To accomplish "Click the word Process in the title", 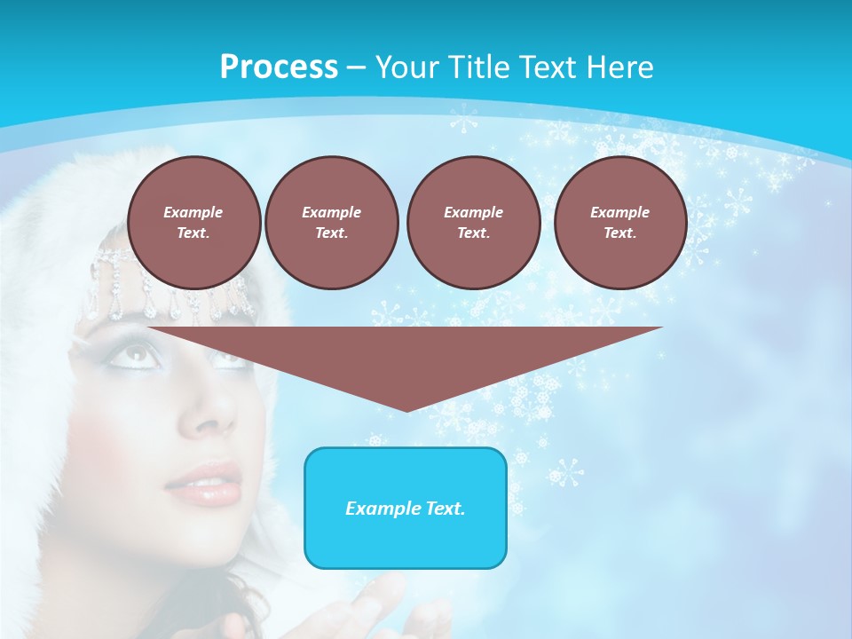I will (279, 67).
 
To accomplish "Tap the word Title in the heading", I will (472, 67).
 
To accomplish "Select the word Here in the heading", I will (620, 67).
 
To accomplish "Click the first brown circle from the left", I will (193, 222).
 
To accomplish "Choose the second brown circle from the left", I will (331, 222).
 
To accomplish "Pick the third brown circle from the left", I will (473, 222).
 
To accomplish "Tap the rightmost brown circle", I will (619, 222).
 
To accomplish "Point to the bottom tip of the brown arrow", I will (406, 410).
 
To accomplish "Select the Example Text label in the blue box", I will (406, 509).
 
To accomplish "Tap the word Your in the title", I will (405, 67).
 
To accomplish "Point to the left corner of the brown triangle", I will (151, 328).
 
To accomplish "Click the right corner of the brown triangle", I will (660, 328).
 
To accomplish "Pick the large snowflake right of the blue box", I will (566, 472).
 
